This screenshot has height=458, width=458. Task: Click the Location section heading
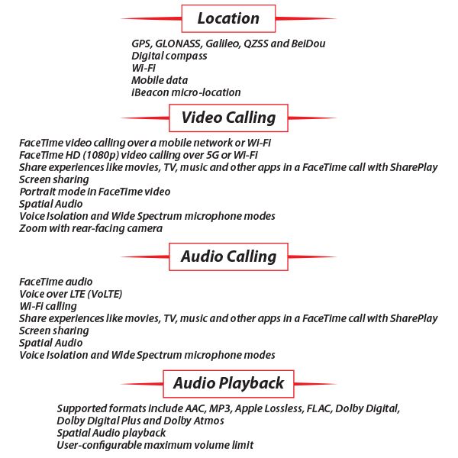click(x=228, y=18)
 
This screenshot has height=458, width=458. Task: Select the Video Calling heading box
click(x=228, y=118)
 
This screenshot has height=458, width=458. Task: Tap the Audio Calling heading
click(x=228, y=256)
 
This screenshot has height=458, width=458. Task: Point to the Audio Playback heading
click(x=228, y=383)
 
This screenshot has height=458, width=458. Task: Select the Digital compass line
click(x=169, y=56)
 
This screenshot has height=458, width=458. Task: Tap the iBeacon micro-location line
click(x=185, y=92)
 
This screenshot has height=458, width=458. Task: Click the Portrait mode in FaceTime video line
click(x=95, y=192)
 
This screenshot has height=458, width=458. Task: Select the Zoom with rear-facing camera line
click(x=91, y=228)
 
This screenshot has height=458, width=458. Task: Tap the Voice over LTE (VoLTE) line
click(x=70, y=294)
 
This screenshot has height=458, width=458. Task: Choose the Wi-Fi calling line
click(x=48, y=306)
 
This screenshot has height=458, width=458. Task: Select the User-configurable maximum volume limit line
click(x=155, y=445)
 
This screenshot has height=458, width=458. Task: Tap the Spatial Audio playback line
click(x=111, y=433)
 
